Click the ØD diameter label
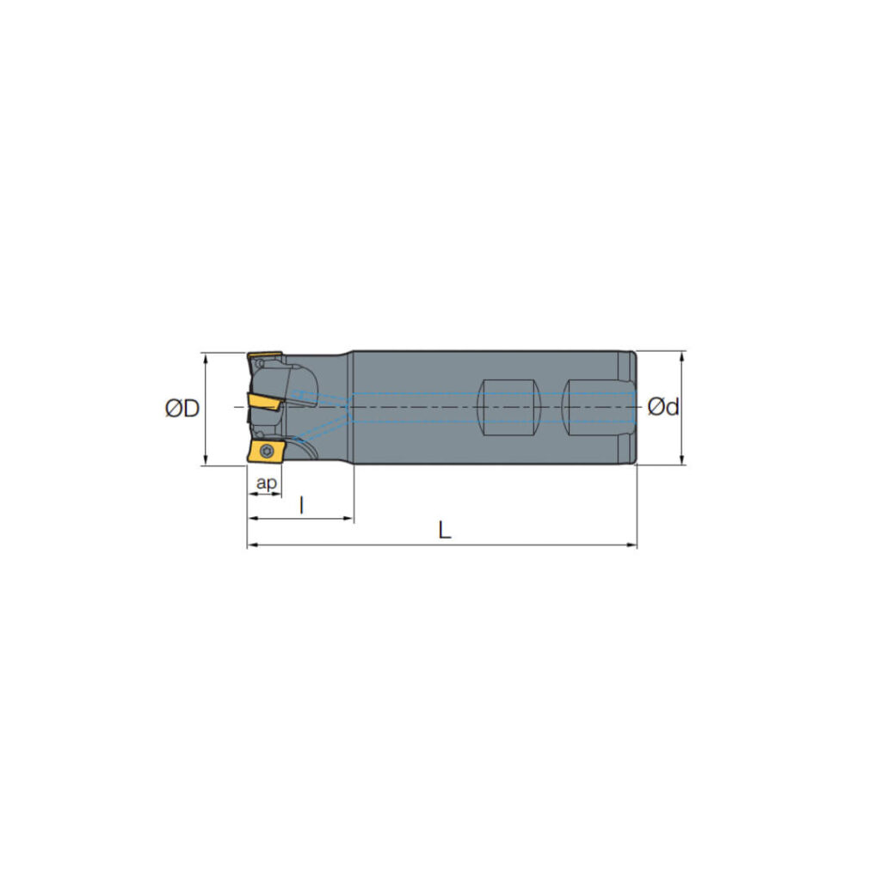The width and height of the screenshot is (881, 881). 182,408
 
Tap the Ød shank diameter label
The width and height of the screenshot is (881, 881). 663,406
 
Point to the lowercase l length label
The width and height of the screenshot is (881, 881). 301,505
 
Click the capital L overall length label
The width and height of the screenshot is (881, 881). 444,531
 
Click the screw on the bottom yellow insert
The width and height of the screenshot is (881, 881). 267,450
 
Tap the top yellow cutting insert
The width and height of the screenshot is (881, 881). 265,356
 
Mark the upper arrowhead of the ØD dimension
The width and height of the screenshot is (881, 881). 206,356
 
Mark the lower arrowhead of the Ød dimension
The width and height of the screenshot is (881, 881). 682,460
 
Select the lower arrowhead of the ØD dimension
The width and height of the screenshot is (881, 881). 206,460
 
